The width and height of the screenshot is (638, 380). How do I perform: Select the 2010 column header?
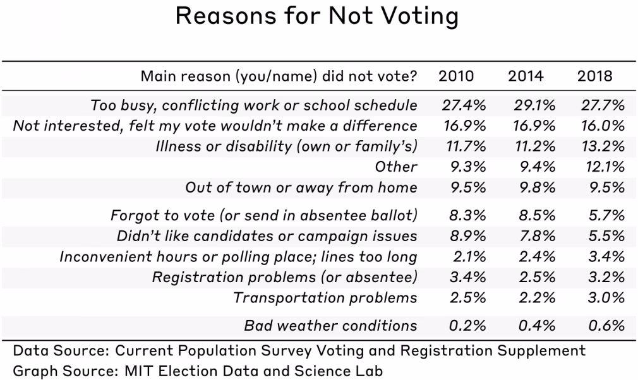[457, 77]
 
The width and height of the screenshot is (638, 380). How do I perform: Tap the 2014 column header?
[526, 77]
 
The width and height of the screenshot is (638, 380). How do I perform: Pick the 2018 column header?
[595, 77]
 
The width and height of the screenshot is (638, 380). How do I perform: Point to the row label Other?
[396, 167]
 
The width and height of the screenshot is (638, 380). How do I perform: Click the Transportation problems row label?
[325, 298]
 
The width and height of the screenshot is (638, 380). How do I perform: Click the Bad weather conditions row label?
[330, 326]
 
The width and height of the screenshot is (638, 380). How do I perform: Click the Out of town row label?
[301, 187]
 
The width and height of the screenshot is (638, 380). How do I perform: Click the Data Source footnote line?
[299, 350]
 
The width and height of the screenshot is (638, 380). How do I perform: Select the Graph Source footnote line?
[197, 371]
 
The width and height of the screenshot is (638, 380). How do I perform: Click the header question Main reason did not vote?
[279, 77]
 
